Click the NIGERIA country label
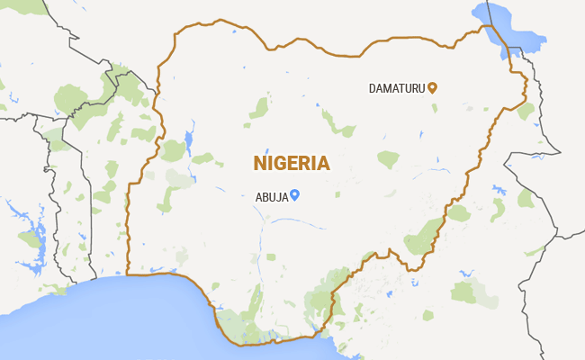291,163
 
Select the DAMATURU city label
397,88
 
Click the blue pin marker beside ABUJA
294,194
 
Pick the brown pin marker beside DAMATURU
432,87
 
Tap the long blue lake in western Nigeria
189,142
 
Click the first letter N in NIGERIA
260,163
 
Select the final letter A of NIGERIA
322,163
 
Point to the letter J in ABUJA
277,196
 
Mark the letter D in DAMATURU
373,88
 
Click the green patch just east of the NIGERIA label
388,159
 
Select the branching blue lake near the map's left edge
27,229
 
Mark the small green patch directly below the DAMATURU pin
434,108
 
